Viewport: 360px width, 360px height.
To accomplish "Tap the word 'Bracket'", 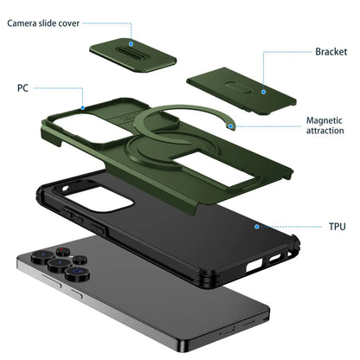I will point(330,52).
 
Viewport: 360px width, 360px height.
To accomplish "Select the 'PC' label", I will point(22,87).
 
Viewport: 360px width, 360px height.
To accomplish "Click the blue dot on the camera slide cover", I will point(131,42).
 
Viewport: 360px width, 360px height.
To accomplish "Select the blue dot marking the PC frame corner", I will point(84,108).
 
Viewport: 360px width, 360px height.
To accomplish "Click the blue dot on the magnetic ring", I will point(230,125).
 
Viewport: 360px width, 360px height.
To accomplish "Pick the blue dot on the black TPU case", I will point(257,226).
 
